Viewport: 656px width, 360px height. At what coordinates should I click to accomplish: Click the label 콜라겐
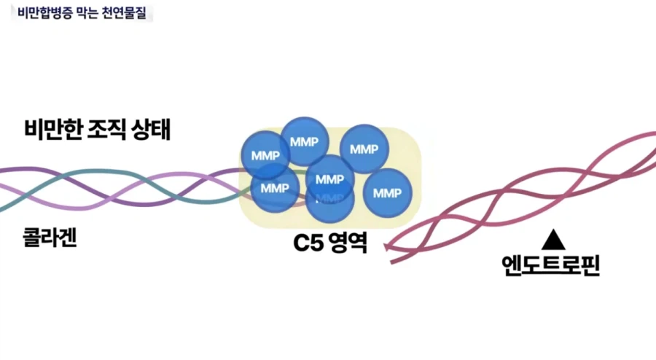[x=50, y=238]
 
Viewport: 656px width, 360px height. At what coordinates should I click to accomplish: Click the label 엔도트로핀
[x=550, y=265]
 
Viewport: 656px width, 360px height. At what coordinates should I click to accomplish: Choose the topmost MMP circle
[x=304, y=141]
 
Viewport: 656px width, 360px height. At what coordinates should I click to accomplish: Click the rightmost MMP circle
[x=387, y=193]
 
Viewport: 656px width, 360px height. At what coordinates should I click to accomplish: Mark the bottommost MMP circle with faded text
[x=329, y=200]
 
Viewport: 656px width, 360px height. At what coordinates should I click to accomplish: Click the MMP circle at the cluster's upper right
[x=364, y=149]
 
